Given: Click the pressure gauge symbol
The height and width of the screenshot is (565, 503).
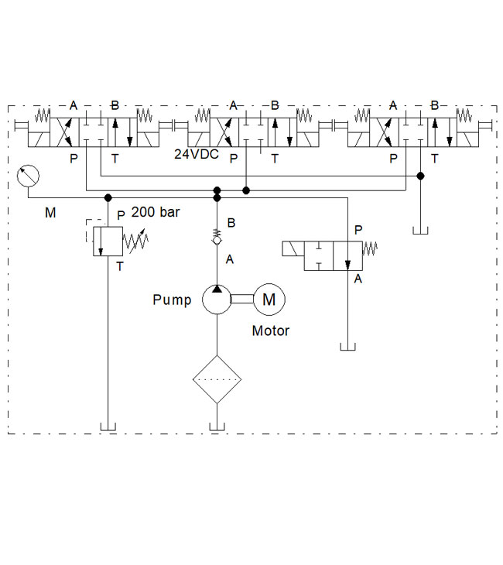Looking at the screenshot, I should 27,176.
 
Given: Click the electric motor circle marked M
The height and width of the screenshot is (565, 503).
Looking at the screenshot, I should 269,299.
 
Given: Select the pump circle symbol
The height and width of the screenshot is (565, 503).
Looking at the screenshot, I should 217,299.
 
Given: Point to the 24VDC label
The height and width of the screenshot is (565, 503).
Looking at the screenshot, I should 196,155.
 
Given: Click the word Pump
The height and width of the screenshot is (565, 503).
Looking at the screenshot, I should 172,300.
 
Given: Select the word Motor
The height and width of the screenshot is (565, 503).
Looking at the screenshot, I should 271,331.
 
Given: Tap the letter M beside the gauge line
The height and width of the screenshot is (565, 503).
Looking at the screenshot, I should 50,212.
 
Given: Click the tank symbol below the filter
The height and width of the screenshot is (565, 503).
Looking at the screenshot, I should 217,425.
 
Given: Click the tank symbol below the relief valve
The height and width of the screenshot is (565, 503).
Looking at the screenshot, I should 108,425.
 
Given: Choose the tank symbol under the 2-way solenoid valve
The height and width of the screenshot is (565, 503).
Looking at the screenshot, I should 347,345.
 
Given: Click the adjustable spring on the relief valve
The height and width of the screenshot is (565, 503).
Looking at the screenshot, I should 136,241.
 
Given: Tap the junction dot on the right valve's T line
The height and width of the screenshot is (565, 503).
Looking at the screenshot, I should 420,176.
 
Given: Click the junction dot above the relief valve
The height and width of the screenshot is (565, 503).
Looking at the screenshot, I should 108,198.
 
